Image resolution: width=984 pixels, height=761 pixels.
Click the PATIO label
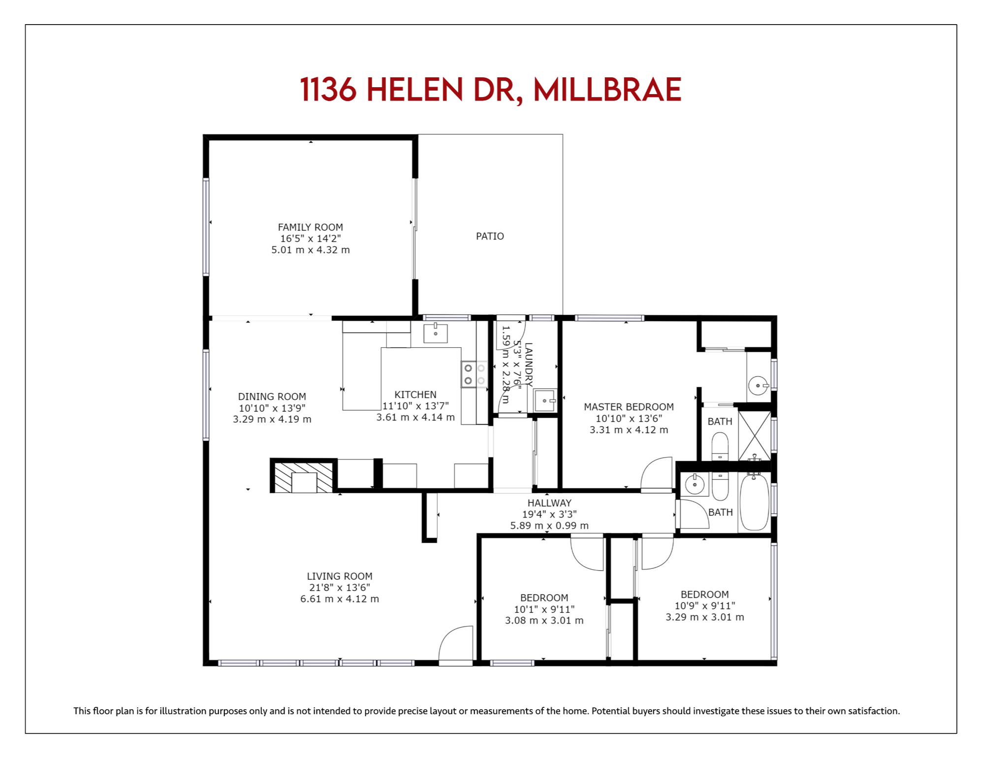click(490, 236)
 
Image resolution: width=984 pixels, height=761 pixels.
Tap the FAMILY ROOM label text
click(310, 227)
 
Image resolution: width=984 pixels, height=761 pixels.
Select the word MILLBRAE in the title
click(607, 90)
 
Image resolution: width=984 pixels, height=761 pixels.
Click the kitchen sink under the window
click(436, 333)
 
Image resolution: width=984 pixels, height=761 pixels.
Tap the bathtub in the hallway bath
click(754, 501)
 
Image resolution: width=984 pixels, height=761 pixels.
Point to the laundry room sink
click(545, 400)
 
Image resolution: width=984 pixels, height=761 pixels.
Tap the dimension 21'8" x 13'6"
click(340, 588)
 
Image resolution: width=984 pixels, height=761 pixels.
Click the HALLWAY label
click(549, 503)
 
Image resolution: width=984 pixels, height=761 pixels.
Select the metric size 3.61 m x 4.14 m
click(415, 417)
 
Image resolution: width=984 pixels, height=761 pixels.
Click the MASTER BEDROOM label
click(629, 407)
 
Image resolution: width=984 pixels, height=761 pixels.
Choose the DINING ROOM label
click(272, 397)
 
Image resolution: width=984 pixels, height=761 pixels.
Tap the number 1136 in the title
click(328, 90)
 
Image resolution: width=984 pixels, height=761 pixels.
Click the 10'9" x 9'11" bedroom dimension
click(705, 606)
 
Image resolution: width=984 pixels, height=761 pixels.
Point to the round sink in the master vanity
click(758, 385)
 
